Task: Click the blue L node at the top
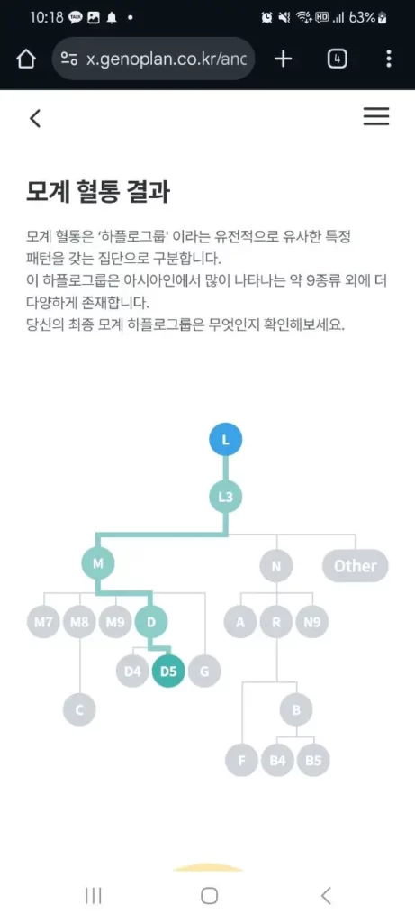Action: coord(226,440)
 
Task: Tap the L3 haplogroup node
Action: coord(226,497)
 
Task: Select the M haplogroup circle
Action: coord(98,563)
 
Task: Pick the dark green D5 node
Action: coord(168,671)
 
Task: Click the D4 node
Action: coord(132,671)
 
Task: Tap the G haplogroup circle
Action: coord(204,671)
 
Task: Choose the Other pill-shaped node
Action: coord(355,566)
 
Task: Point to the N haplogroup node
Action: coord(276,566)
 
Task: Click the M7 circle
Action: coord(43,622)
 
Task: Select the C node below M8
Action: coord(79,710)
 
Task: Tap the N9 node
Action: coord(312,622)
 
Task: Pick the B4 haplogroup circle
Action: coord(277,760)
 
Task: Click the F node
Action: coord(241,760)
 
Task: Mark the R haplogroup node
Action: coord(276,622)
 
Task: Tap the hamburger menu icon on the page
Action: coord(376,116)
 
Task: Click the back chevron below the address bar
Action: coord(35,118)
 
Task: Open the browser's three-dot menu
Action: coord(389,59)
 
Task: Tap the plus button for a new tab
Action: coord(284,59)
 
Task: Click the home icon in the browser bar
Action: coord(26,59)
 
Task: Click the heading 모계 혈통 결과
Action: coord(98,192)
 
